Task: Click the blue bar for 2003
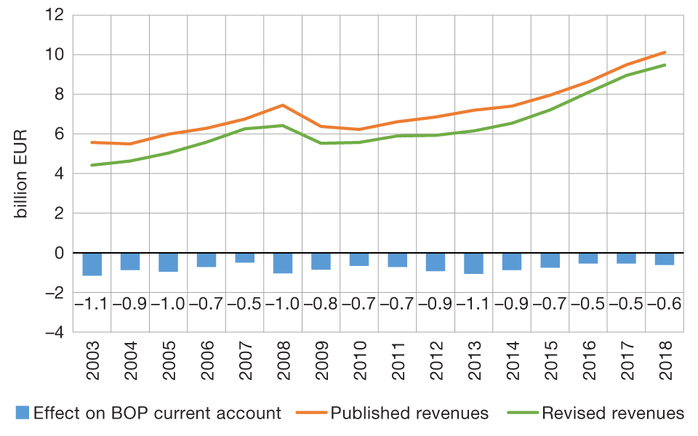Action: point(92,265)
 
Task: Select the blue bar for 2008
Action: point(283,263)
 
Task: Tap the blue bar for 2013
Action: point(473,263)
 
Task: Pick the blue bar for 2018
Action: point(664,259)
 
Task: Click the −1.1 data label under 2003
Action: point(92,304)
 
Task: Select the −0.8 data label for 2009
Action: point(321,304)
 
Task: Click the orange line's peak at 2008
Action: point(283,105)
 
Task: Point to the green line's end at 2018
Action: point(664,65)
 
